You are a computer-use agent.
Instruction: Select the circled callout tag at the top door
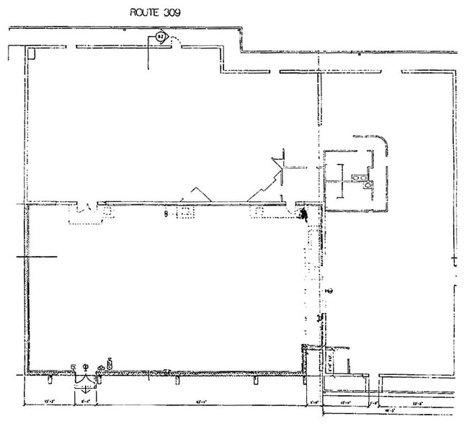(x=161, y=35)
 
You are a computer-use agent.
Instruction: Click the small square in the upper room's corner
(x=32, y=53)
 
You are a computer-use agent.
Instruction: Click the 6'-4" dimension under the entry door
(x=86, y=402)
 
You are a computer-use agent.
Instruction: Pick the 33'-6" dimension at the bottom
(x=418, y=402)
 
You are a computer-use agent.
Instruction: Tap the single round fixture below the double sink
(x=368, y=185)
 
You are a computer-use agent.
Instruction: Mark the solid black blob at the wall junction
(x=304, y=213)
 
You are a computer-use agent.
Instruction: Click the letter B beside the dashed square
(x=166, y=213)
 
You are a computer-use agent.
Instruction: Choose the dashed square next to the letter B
(x=184, y=213)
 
